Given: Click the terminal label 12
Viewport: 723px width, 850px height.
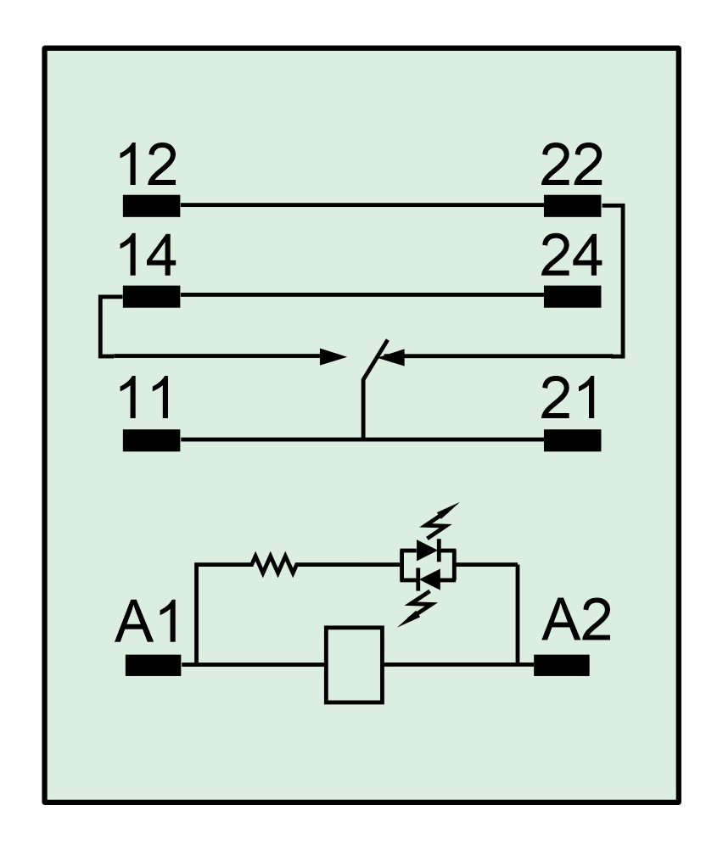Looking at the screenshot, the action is click(x=148, y=165).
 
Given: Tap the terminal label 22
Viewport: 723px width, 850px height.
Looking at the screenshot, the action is click(x=572, y=165).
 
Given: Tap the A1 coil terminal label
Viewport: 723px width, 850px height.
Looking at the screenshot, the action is click(x=147, y=621).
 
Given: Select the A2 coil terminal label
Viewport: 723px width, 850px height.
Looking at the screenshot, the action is click(x=576, y=621).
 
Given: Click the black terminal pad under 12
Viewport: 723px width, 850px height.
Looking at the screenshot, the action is click(x=151, y=206).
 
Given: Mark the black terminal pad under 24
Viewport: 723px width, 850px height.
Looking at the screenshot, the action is click(x=572, y=297).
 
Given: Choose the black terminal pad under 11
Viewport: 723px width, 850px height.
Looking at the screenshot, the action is click(x=151, y=440).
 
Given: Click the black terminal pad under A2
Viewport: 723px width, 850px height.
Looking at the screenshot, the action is click(x=562, y=665).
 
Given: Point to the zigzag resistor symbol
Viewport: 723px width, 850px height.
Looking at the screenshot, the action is click(x=274, y=564).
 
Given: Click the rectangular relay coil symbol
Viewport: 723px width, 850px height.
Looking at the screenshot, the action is click(x=354, y=665).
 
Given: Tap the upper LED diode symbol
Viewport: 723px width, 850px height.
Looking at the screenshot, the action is click(x=429, y=551).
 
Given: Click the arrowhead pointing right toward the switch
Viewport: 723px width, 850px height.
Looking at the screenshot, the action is click(x=333, y=356).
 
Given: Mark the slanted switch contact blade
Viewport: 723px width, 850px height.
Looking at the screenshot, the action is click(x=375, y=360).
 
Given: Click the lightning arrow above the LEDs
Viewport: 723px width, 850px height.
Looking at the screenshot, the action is click(x=440, y=520).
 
